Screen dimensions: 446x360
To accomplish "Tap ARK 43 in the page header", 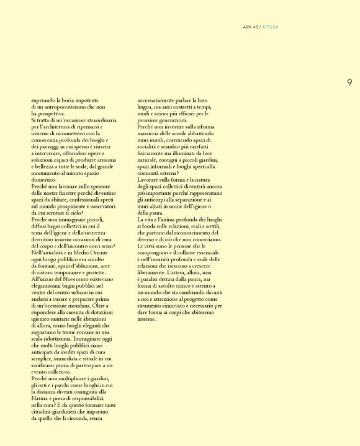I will [251, 27].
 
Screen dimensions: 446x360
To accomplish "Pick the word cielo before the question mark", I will [83, 212].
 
